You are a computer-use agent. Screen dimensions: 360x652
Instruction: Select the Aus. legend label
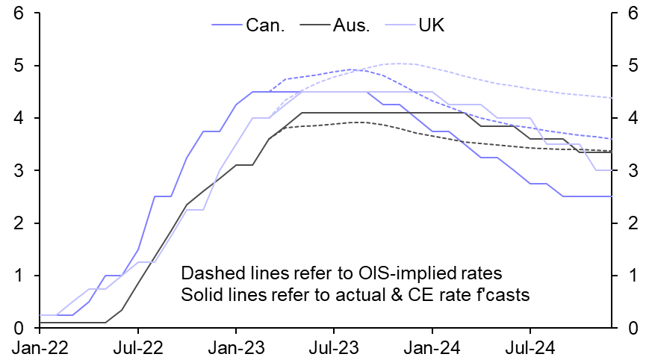(351, 25)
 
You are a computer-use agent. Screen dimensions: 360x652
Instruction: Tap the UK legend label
(432, 25)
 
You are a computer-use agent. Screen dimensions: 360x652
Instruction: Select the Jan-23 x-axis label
(236, 347)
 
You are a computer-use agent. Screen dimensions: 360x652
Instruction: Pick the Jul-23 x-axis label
(333, 347)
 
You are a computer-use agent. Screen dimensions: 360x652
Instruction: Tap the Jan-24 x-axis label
(432, 347)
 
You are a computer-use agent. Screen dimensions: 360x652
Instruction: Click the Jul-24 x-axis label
(530, 347)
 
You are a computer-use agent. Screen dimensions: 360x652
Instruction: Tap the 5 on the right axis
(632, 66)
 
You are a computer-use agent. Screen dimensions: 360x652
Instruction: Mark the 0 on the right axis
(632, 329)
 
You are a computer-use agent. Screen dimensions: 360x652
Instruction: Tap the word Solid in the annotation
(200, 295)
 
